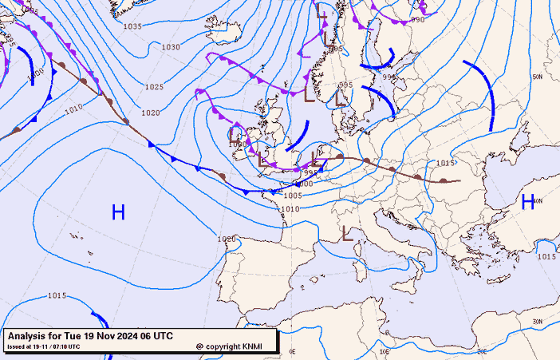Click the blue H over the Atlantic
[x=118, y=212]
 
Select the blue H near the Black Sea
[x=527, y=202]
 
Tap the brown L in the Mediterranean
[x=347, y=234]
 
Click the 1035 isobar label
[x=132, y=26]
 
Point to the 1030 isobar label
[x=171, y=47]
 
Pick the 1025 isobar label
[x=154, y=87]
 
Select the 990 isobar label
[x=417, y=20]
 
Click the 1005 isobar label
[x=293, y=196]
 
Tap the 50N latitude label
[x=537, y=77]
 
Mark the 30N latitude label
[x=537, y=321]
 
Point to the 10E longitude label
[x=385, y=350]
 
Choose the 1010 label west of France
[x=290, y=209]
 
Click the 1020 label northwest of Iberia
[x=227, y=239]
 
